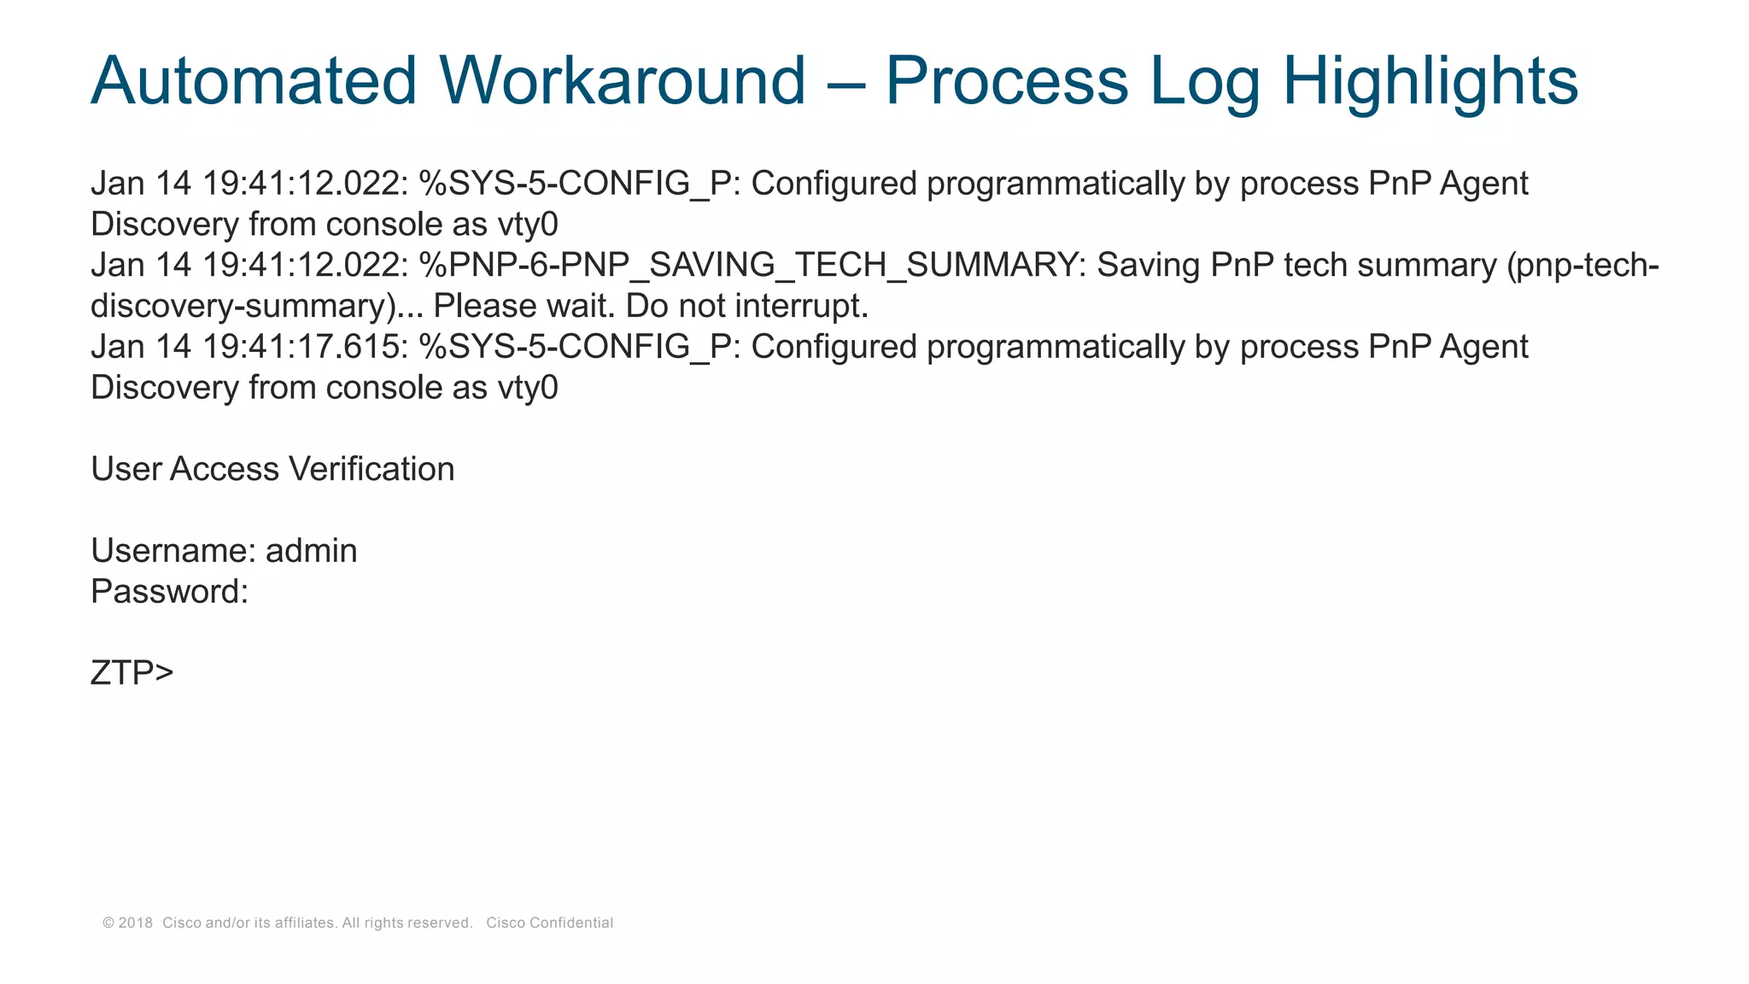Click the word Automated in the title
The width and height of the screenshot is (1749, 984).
click(x=254, y=81)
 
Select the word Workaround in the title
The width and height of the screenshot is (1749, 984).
click(x=623, y=81)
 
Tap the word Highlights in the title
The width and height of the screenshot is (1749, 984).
click(x=1430, y=81)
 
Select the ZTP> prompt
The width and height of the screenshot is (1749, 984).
click(x=132, y=673)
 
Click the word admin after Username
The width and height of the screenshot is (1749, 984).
click(x=311, y=551)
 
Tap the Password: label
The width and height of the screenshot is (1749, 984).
click(x=169, y=592)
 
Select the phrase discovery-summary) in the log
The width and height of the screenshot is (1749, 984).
click(x=243, y=306)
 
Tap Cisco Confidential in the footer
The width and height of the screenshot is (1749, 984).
click(x=549, y=922)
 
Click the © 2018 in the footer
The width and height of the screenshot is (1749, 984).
click(x=128, y=922)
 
